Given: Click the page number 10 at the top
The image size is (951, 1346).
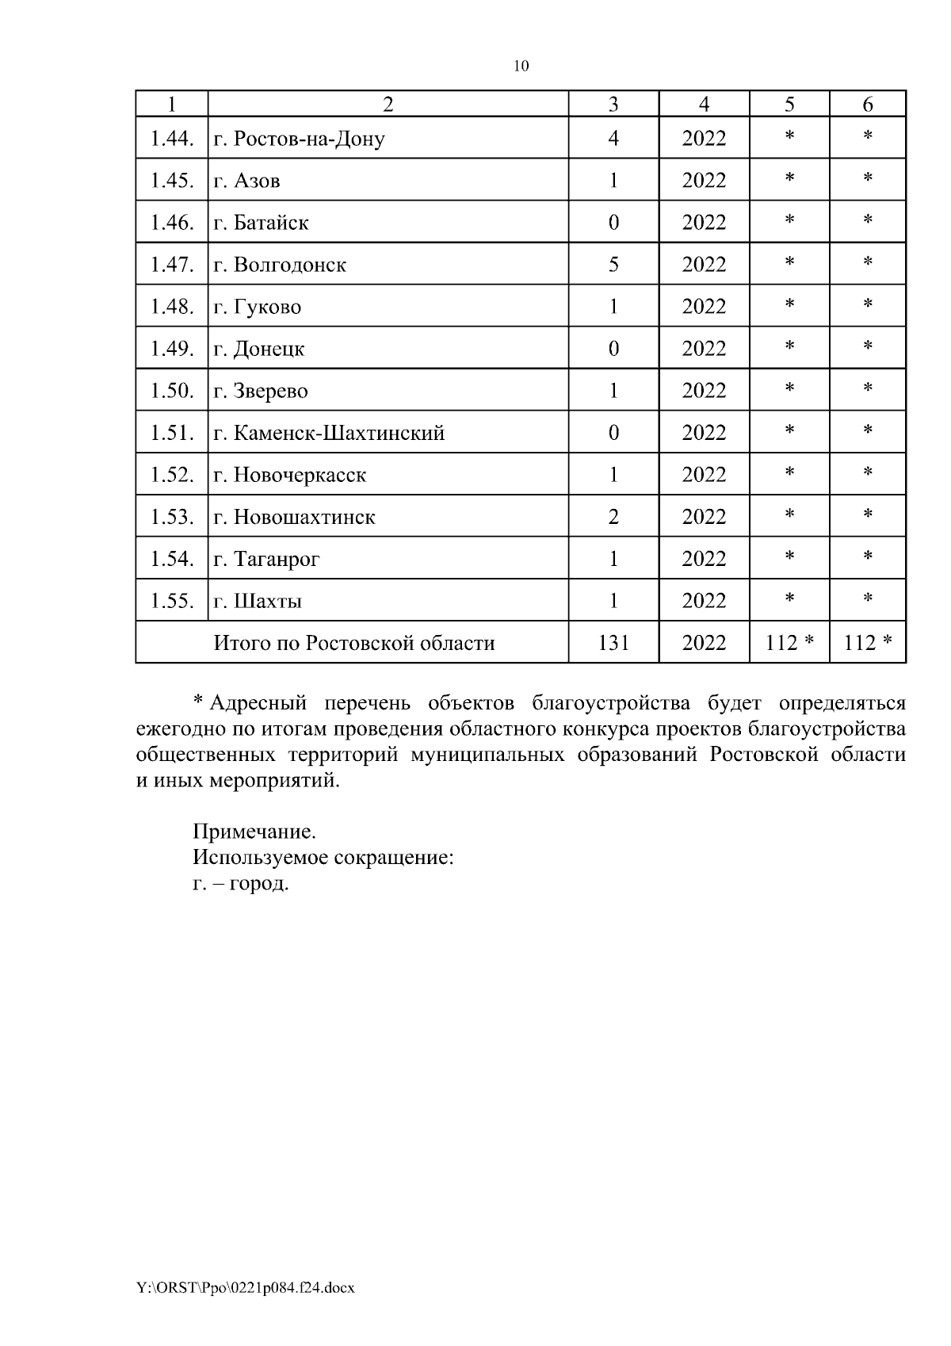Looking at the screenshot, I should tap(521, 66).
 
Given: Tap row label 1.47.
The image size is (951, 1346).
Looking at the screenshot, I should tap(172, 265).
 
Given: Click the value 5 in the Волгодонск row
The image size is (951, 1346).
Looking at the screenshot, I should tap(613, 265).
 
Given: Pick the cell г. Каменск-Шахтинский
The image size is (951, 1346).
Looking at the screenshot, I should tap(329, 434).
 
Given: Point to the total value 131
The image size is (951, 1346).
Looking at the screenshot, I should tap(613, 643).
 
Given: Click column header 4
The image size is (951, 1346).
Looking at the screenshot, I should tap(704, 104).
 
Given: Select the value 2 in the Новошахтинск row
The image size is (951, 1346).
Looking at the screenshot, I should tap(613, 517).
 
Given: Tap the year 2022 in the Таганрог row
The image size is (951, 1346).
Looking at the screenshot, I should tap(704, 559).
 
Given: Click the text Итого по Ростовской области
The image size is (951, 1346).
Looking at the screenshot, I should tap(353, 643).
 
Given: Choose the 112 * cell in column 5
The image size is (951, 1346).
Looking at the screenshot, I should tap(789, 643).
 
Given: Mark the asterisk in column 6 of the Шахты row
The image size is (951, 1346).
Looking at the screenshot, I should tap(868, 600).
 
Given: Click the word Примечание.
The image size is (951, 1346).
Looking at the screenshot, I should tap(254, 832).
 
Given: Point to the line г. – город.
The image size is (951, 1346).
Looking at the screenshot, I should tap(241, 883).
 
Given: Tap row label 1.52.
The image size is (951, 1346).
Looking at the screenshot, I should tap(172, 475).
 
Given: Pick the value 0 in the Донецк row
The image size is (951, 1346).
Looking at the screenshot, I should tap(613, 349).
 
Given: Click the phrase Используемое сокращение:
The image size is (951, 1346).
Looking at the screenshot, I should tap(323, 858).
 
